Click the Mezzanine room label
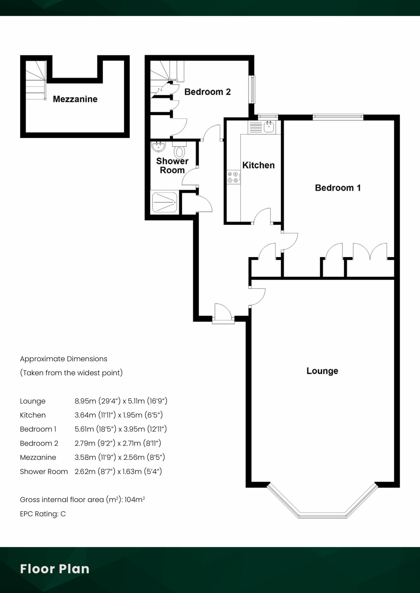pyautogui.click(x=75, y=99)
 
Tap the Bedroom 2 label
pyautogui.click(x=207, y=92)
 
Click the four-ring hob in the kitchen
pyautogui.click(x=233, y=177)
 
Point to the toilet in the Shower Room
pyautogui.click(x=180, y=151)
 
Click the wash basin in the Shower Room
pyautogui.click(x=158, y=147)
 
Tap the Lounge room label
pyautogui.click(x=322, y=371)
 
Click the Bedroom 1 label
pyautogui.click(x=338, y=188)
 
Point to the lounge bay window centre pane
pyautogui.click(x=322, y=515)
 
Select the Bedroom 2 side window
pyautogui.click(x=253, y=89)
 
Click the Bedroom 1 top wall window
pyautogui.click(x=338, y=117)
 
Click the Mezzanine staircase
pyautogui.click(x=35, y=80)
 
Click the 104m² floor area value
pyautogui.click(x=135, y=499)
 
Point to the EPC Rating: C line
pyautogui.click(x=43, y=514)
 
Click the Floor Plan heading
pyautogui.click(x=55, y=569)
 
